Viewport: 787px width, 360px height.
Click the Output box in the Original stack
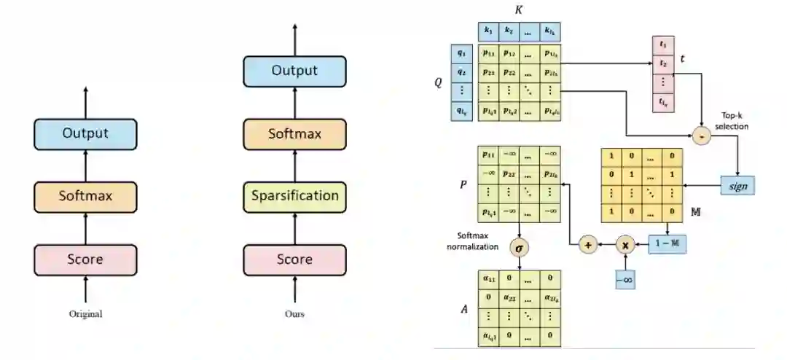(85, 134)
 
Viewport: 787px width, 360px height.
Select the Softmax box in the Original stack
(85, 197)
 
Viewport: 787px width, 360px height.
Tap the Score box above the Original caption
(85, 259)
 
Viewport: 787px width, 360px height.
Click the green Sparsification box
(294, 196)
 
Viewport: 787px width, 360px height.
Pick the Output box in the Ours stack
(294, 71)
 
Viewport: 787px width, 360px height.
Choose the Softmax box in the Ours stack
(294, 134)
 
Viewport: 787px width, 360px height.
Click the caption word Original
(86, 315)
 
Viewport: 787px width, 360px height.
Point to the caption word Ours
(294, 315)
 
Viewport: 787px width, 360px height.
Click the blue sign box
(738, 186)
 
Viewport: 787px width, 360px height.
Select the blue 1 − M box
(667, 244)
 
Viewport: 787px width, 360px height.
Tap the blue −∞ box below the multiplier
(624, 279)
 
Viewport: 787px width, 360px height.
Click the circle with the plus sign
(588, 245)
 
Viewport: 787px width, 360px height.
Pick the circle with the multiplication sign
(625, 245)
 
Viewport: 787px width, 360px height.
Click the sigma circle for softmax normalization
(520, 246)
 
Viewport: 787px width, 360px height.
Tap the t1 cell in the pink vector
(662, 45)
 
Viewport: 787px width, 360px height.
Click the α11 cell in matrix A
(488, 278)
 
